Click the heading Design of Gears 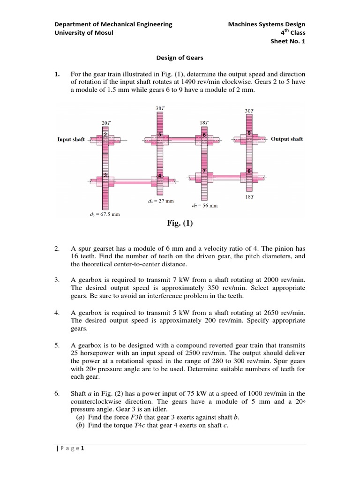coord(180,58)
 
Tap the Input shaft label coord(71,139)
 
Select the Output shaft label coord(287,139)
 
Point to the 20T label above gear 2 coord(106,123)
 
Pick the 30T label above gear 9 coord(249,111)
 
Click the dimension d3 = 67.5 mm coord(108,215)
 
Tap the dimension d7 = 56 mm coord(205,205)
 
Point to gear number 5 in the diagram coord(160,135)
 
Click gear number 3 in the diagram coord(106,175)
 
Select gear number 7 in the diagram coord(204,171)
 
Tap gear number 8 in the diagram coord(249,171)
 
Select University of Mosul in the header coord(84,32)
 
